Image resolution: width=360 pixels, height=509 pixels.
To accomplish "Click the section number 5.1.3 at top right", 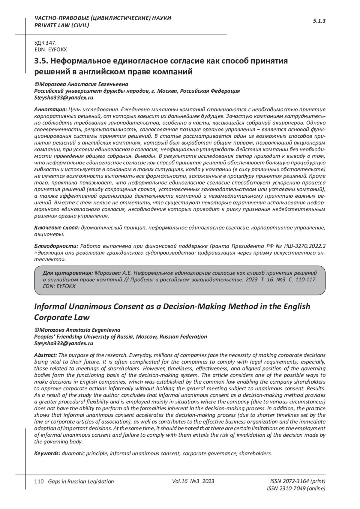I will [319, 21].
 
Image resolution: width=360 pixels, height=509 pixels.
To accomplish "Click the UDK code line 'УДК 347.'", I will [46, 43].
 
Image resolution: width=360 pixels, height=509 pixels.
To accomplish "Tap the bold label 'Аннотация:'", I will [50, 109].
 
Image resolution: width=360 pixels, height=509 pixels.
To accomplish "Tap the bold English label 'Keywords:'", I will [47, 453].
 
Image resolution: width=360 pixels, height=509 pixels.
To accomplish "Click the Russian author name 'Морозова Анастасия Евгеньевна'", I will [83, 84].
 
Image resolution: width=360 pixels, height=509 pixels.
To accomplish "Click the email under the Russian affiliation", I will [64, 98].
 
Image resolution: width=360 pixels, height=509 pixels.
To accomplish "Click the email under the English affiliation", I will [64, 343].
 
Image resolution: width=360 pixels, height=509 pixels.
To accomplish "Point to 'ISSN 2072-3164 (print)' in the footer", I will [298, 481].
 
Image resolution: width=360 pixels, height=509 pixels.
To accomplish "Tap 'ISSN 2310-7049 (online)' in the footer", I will [296, 489].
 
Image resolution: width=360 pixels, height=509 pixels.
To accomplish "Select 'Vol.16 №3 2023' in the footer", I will [193, 481].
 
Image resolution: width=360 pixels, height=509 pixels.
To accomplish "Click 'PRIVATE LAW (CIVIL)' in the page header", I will [62, 25].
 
